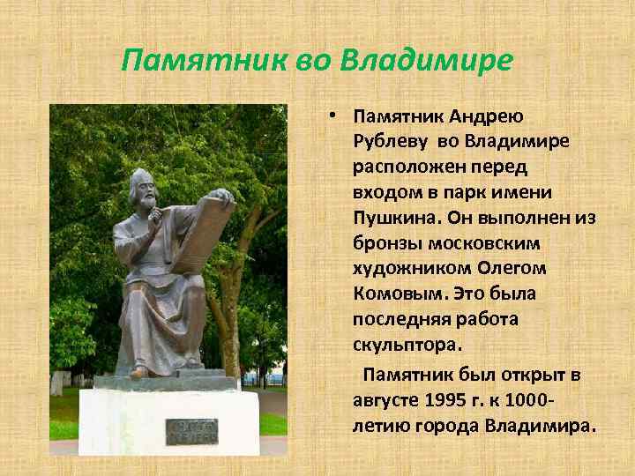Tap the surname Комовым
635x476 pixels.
395,292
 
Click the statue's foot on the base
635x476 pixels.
139,372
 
